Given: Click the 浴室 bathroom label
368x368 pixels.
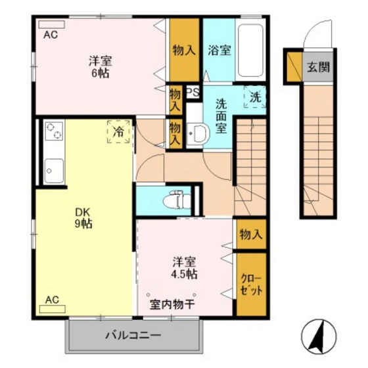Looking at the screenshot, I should (219, 51).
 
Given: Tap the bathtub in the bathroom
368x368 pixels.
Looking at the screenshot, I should (250, 51).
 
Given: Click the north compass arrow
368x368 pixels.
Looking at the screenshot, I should (317, 333).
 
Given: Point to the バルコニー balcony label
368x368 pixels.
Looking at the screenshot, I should (133, 336).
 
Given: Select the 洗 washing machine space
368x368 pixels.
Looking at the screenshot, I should (254, 97).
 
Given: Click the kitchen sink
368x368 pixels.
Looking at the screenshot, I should (53, 172).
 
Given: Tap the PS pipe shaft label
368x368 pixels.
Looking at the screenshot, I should (193, 93).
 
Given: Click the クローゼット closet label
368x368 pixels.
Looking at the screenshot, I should (251, 283).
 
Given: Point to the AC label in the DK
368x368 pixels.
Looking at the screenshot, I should (52, 300).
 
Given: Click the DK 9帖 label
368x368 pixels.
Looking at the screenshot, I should (82, 218).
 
